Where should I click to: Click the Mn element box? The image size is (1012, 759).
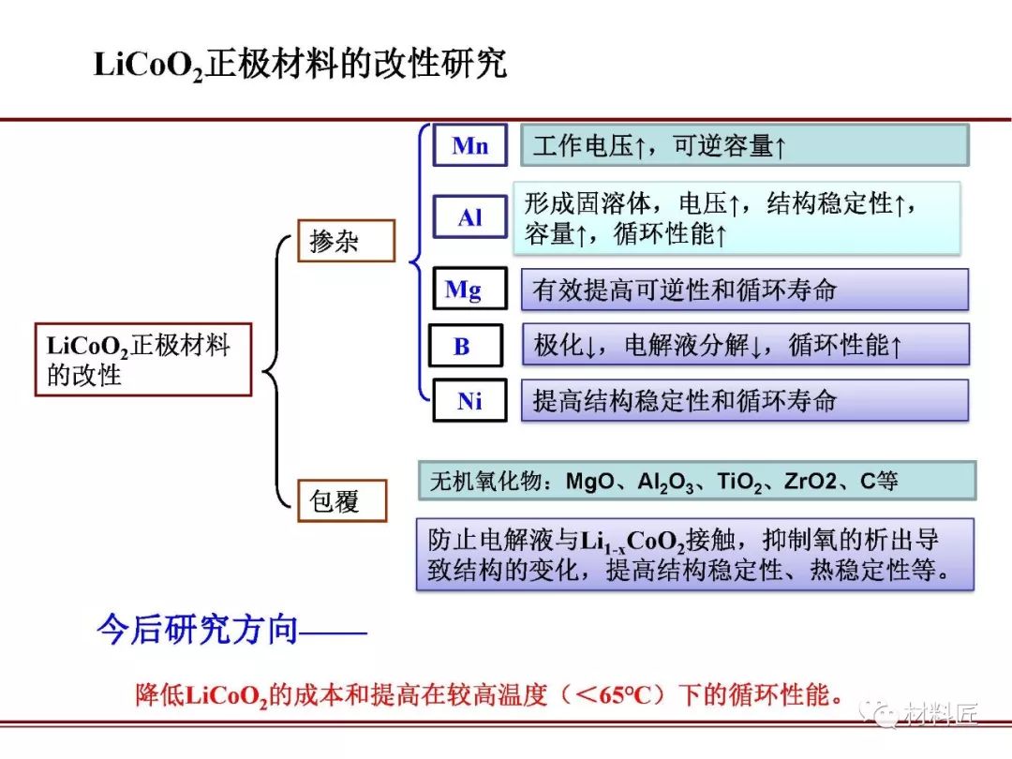[469, 145]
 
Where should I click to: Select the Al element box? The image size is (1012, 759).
[469, 217]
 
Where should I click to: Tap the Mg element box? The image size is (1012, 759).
[469, 290]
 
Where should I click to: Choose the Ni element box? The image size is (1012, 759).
[469, 401]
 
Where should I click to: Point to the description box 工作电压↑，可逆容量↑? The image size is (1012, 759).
[744, 145]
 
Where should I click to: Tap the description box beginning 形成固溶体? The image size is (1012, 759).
[737, 217]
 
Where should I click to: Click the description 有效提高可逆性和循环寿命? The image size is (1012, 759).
[744, 290]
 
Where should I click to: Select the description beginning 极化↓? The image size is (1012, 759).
[744, 346]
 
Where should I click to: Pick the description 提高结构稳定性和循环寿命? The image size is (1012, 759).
[744, 401]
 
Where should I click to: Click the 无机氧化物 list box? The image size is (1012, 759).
[696, 481]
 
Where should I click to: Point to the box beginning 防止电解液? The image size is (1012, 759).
[694, 554]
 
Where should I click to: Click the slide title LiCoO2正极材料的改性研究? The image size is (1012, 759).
[300, 65]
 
